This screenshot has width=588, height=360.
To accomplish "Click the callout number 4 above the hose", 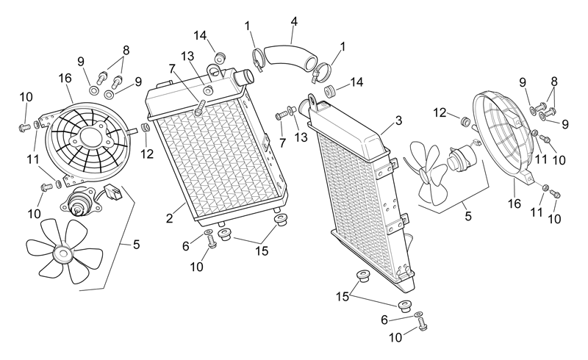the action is [294, 22].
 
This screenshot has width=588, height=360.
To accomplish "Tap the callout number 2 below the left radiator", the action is [170, 218].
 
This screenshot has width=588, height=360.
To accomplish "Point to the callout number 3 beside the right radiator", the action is [398, 120].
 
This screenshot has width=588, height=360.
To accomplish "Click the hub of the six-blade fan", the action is [62, 254].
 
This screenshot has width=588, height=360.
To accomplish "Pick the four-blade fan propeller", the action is [429, 173].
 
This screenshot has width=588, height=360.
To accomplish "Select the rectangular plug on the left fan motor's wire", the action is [114, 192].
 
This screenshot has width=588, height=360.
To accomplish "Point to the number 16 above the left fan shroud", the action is [65, 79].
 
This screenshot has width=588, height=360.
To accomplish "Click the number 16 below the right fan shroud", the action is [514, 204].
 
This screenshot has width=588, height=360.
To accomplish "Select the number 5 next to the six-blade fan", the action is [136, 245].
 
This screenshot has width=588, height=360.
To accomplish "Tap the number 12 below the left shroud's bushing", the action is [147, 154].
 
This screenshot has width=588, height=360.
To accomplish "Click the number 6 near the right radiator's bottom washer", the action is [384, 320].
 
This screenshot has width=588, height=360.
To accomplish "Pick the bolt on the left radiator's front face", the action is [199, 107].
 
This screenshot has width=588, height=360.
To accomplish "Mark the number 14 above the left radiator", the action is [200, 35].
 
